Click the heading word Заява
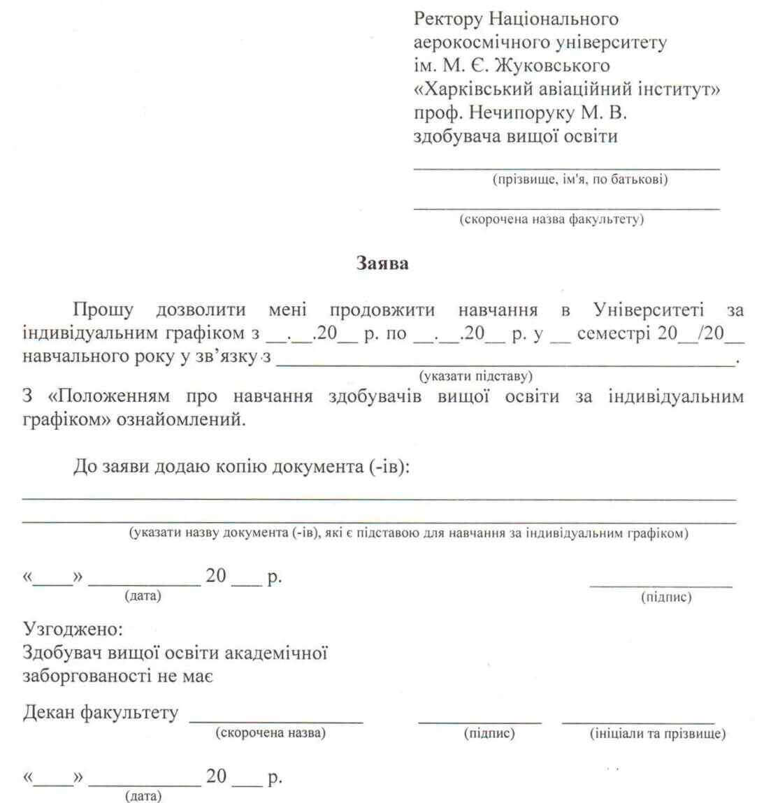382,264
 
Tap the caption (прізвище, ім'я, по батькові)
580,180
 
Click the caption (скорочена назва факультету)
551,219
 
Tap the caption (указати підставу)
476,376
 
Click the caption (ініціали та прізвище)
657,734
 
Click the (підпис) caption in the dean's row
489,734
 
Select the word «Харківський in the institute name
476,89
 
